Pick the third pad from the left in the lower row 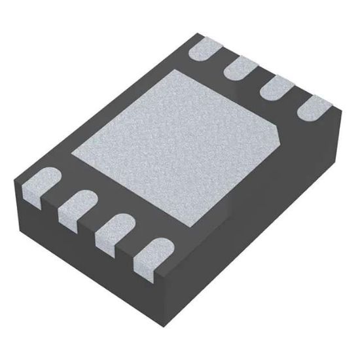111,230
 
